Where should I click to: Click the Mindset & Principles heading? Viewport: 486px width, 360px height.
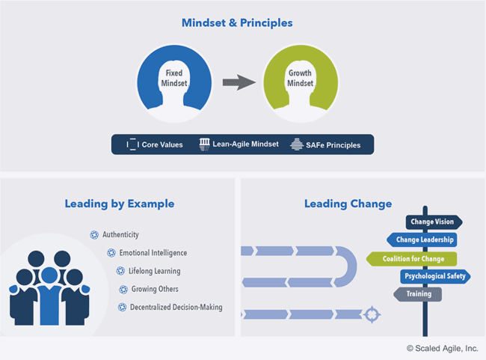[x=236, y=23]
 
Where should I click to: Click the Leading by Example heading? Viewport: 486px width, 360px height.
[x=119, y=204]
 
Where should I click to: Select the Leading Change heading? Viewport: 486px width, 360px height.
[x=348, y=204]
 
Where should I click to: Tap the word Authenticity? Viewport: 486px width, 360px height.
[x=120, y=234]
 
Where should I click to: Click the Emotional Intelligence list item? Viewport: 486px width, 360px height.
[x=153, y=253]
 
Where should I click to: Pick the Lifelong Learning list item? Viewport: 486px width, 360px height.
[x=153, y=271]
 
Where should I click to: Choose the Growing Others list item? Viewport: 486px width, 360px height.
[x=153, y=289]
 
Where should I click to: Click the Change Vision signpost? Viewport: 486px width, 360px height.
[x=434, y=222]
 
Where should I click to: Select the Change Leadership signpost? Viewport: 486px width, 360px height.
[x=422, y=240]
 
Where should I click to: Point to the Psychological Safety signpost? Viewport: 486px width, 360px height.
[x=434, y=276]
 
